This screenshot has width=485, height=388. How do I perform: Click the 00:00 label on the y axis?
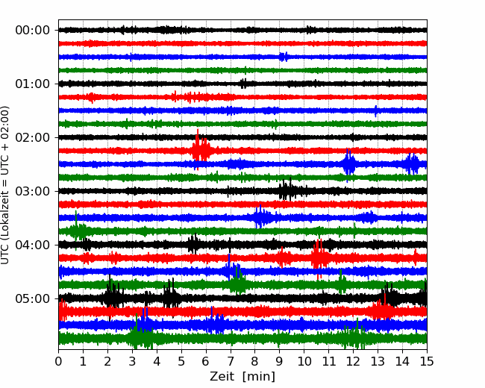pos(33,31)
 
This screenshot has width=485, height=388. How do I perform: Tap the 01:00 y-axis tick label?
pos(33,84)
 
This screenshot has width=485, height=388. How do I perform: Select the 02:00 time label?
pos(33,137)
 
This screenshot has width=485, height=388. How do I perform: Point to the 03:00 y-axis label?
pos(33,191)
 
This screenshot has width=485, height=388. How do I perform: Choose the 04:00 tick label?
pos(33,245)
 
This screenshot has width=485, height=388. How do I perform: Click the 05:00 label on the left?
pos(33,298)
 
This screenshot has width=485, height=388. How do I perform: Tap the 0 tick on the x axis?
pos(58,361)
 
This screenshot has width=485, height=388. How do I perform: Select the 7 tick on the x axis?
pos(231,361)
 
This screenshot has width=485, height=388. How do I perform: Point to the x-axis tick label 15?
pos(427,361)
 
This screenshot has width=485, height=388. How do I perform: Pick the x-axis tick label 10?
pos(304,361)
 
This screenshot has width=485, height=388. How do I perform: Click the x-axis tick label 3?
pos(132,361)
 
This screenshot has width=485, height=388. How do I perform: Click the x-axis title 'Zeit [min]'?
pos(242,377)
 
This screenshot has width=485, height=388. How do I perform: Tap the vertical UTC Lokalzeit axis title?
pos(4,185)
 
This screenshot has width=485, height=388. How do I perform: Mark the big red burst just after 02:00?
pos(201,150)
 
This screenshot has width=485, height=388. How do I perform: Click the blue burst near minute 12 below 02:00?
pos(349,164)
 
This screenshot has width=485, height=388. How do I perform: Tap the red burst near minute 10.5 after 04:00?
pos(319,258)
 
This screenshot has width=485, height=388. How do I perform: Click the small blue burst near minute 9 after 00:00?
pos(284,57)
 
